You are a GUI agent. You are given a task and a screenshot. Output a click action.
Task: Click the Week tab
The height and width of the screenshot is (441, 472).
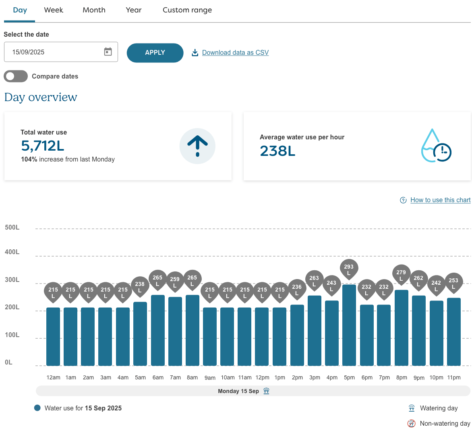pyautogui.click(x=54, y=10)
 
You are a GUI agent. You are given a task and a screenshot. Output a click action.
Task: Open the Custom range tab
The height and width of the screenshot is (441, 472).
pyautogui.click(x=187, y=10)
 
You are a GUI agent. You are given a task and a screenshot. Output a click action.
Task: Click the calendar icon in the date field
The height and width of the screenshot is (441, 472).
pyautogui.click(x=108, y=52)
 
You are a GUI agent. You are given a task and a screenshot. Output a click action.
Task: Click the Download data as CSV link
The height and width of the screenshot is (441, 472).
pyautogui.click(x=235, y=52)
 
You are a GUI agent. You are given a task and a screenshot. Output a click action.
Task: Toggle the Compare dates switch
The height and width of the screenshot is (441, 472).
pyautogui.click(x=16, y=76)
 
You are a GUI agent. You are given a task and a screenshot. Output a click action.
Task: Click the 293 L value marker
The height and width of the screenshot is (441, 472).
pyautogui.click(x=349, y=269)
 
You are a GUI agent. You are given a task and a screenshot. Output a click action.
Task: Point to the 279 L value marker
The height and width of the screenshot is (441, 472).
pyautogui.click(x=401, y=274)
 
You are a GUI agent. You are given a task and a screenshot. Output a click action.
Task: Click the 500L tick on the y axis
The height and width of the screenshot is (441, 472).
pyautogui.click(x=12, y=228)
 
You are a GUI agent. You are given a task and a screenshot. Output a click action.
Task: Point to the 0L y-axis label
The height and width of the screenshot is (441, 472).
pyautogui.click(x=9, y=362)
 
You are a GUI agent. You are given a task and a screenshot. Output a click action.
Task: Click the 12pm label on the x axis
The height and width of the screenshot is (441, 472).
pyautogui.click(x=262, y=377)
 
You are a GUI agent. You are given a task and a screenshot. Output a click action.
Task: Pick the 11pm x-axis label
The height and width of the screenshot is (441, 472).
pyautogui.click(x=454, y=377)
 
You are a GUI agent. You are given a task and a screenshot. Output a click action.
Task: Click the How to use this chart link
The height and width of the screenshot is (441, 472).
pyautogui.click(x=440, y=200)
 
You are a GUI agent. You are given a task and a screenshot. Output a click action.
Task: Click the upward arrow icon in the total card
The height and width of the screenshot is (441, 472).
pyautogui.click(x=197, y=146)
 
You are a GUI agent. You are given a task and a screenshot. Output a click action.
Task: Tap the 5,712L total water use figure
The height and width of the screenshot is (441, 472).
pyautogui.click(x=43, y=145)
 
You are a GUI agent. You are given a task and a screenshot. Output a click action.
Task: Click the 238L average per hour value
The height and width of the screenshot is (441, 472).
pyautogui.click(x=277, y=151)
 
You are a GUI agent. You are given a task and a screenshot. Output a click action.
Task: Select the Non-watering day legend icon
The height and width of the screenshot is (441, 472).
pyautogui.click(x=411, y=423)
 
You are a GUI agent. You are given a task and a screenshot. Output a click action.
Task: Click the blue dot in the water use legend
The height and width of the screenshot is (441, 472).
pyautogui.click(x=37, y=408)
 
